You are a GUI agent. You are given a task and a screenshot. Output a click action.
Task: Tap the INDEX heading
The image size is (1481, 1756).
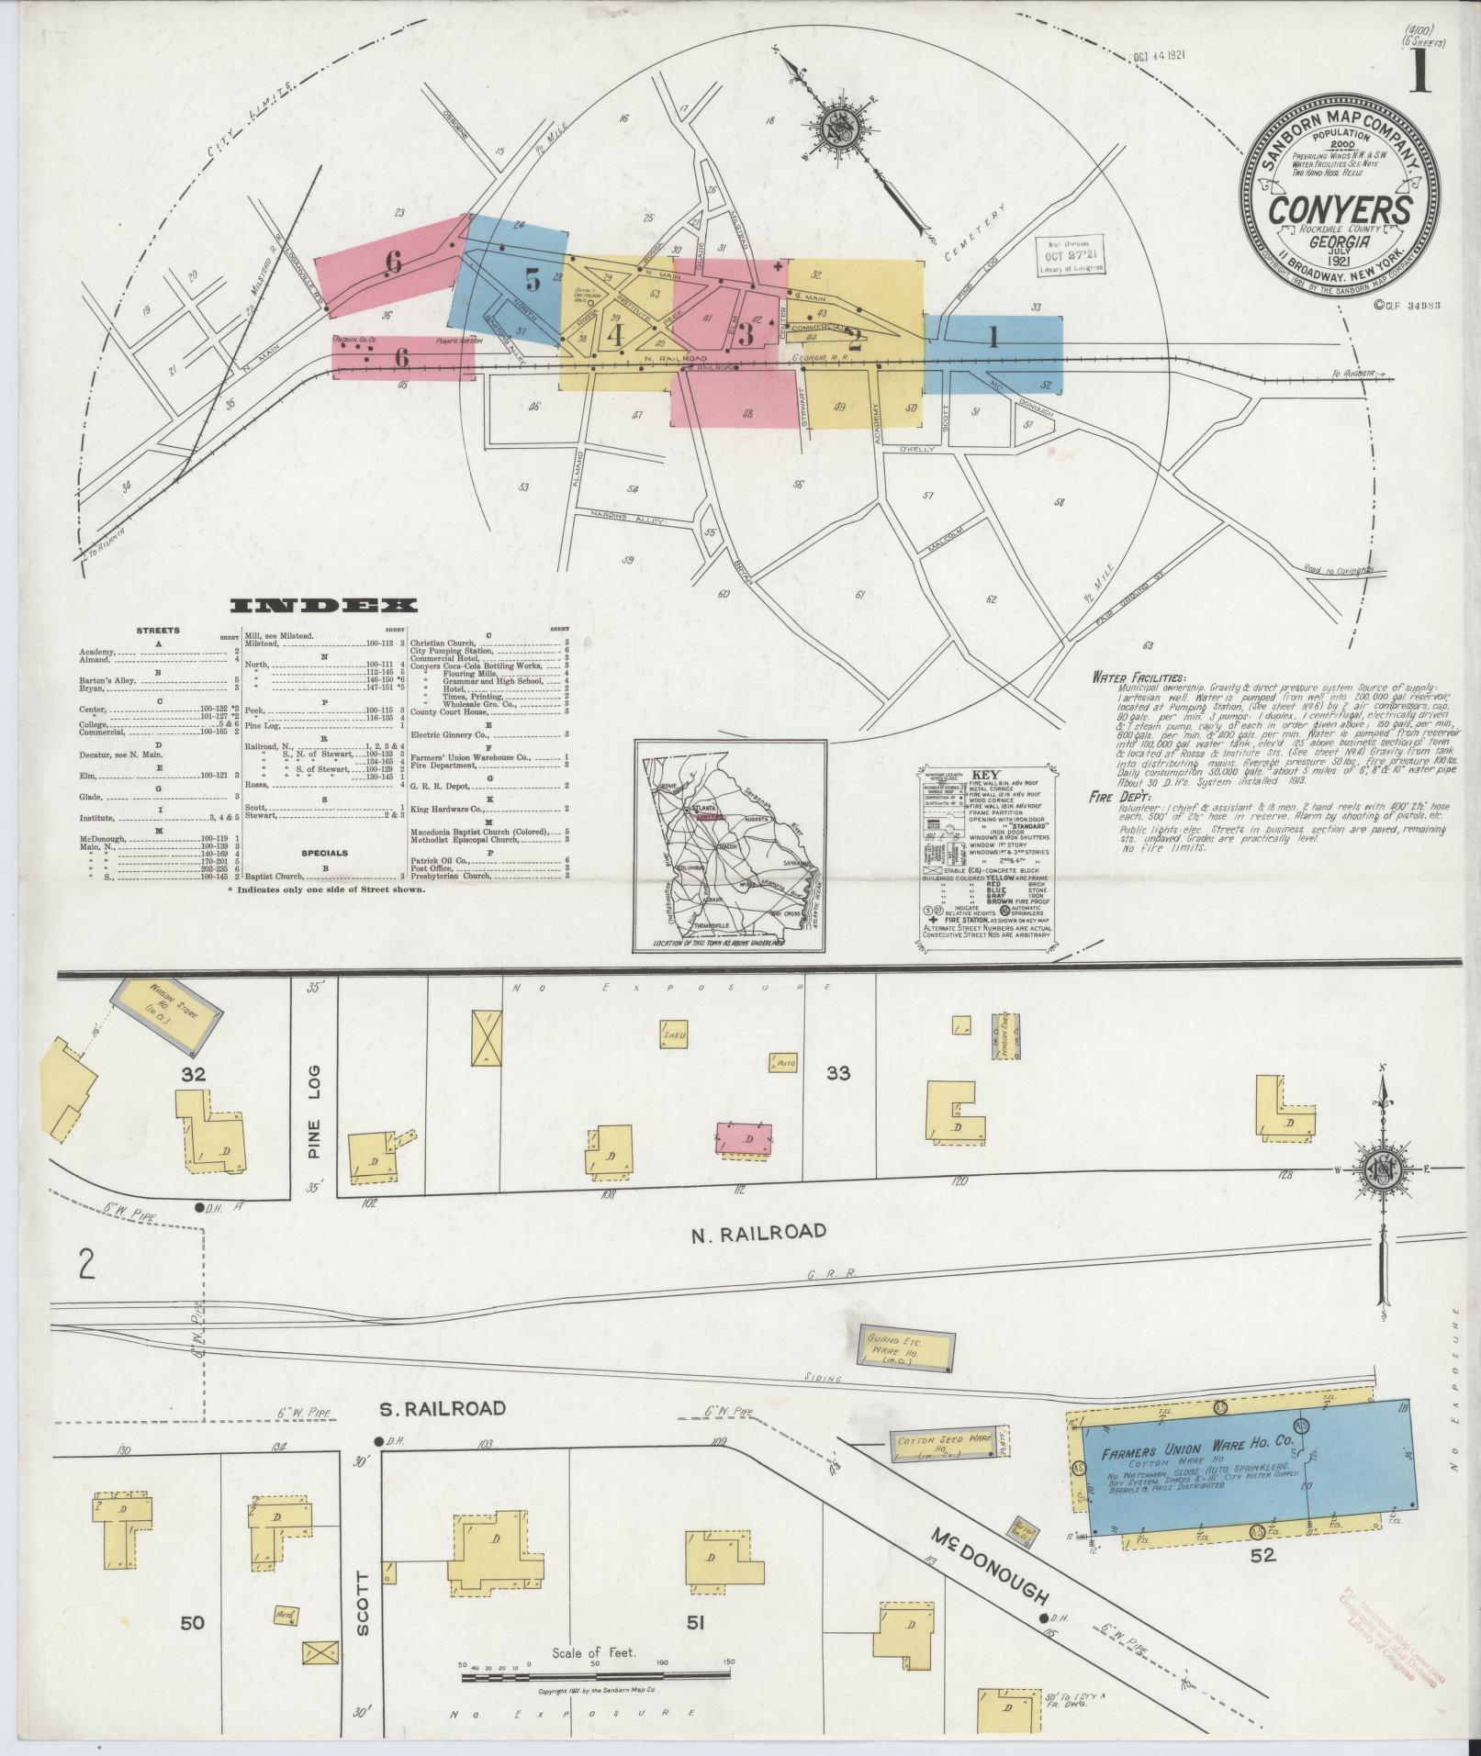[322, 606]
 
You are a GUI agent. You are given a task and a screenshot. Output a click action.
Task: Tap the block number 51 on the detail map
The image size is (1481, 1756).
[695, 1596]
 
